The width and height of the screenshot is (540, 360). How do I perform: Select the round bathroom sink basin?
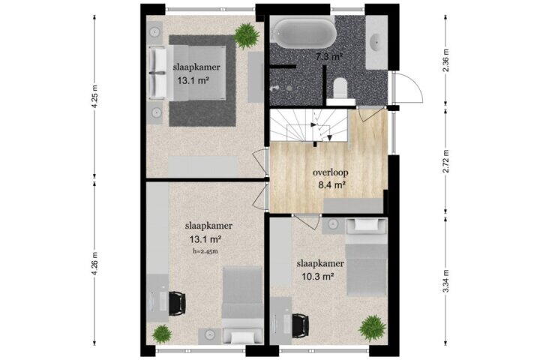click(x=375, y=42)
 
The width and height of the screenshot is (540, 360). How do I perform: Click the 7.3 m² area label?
click(x=328, y=57)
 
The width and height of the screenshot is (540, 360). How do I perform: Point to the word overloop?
click(x=331, y=172)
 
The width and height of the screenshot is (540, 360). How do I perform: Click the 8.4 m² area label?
click(x=332, y=185)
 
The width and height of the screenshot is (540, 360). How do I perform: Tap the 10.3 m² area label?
click(x=318, y=276)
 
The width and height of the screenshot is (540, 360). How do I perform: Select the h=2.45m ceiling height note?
click(x=205, y=251)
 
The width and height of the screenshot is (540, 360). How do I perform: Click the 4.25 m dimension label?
click(x=95, y=96)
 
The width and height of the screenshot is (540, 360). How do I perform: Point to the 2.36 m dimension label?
click(x=446, y=60)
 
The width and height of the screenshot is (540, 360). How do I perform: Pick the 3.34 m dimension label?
click(x=446, y=281)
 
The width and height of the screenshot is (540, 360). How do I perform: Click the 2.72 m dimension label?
click(x=446, y=161)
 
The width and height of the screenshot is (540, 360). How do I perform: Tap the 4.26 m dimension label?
click(x=95, y=263)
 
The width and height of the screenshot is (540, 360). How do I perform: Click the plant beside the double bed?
click(x=247, y=35)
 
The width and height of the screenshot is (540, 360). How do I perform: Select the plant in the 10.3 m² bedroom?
click(x=372, y=328)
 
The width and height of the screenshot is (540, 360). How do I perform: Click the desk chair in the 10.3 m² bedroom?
click(x=301, y=326)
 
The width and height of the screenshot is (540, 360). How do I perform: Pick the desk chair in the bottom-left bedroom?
click(x=177, y=303)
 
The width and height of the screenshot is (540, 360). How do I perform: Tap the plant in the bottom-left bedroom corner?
click(x=162, y=334)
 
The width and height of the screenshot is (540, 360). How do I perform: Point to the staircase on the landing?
click(x=308, y=125)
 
